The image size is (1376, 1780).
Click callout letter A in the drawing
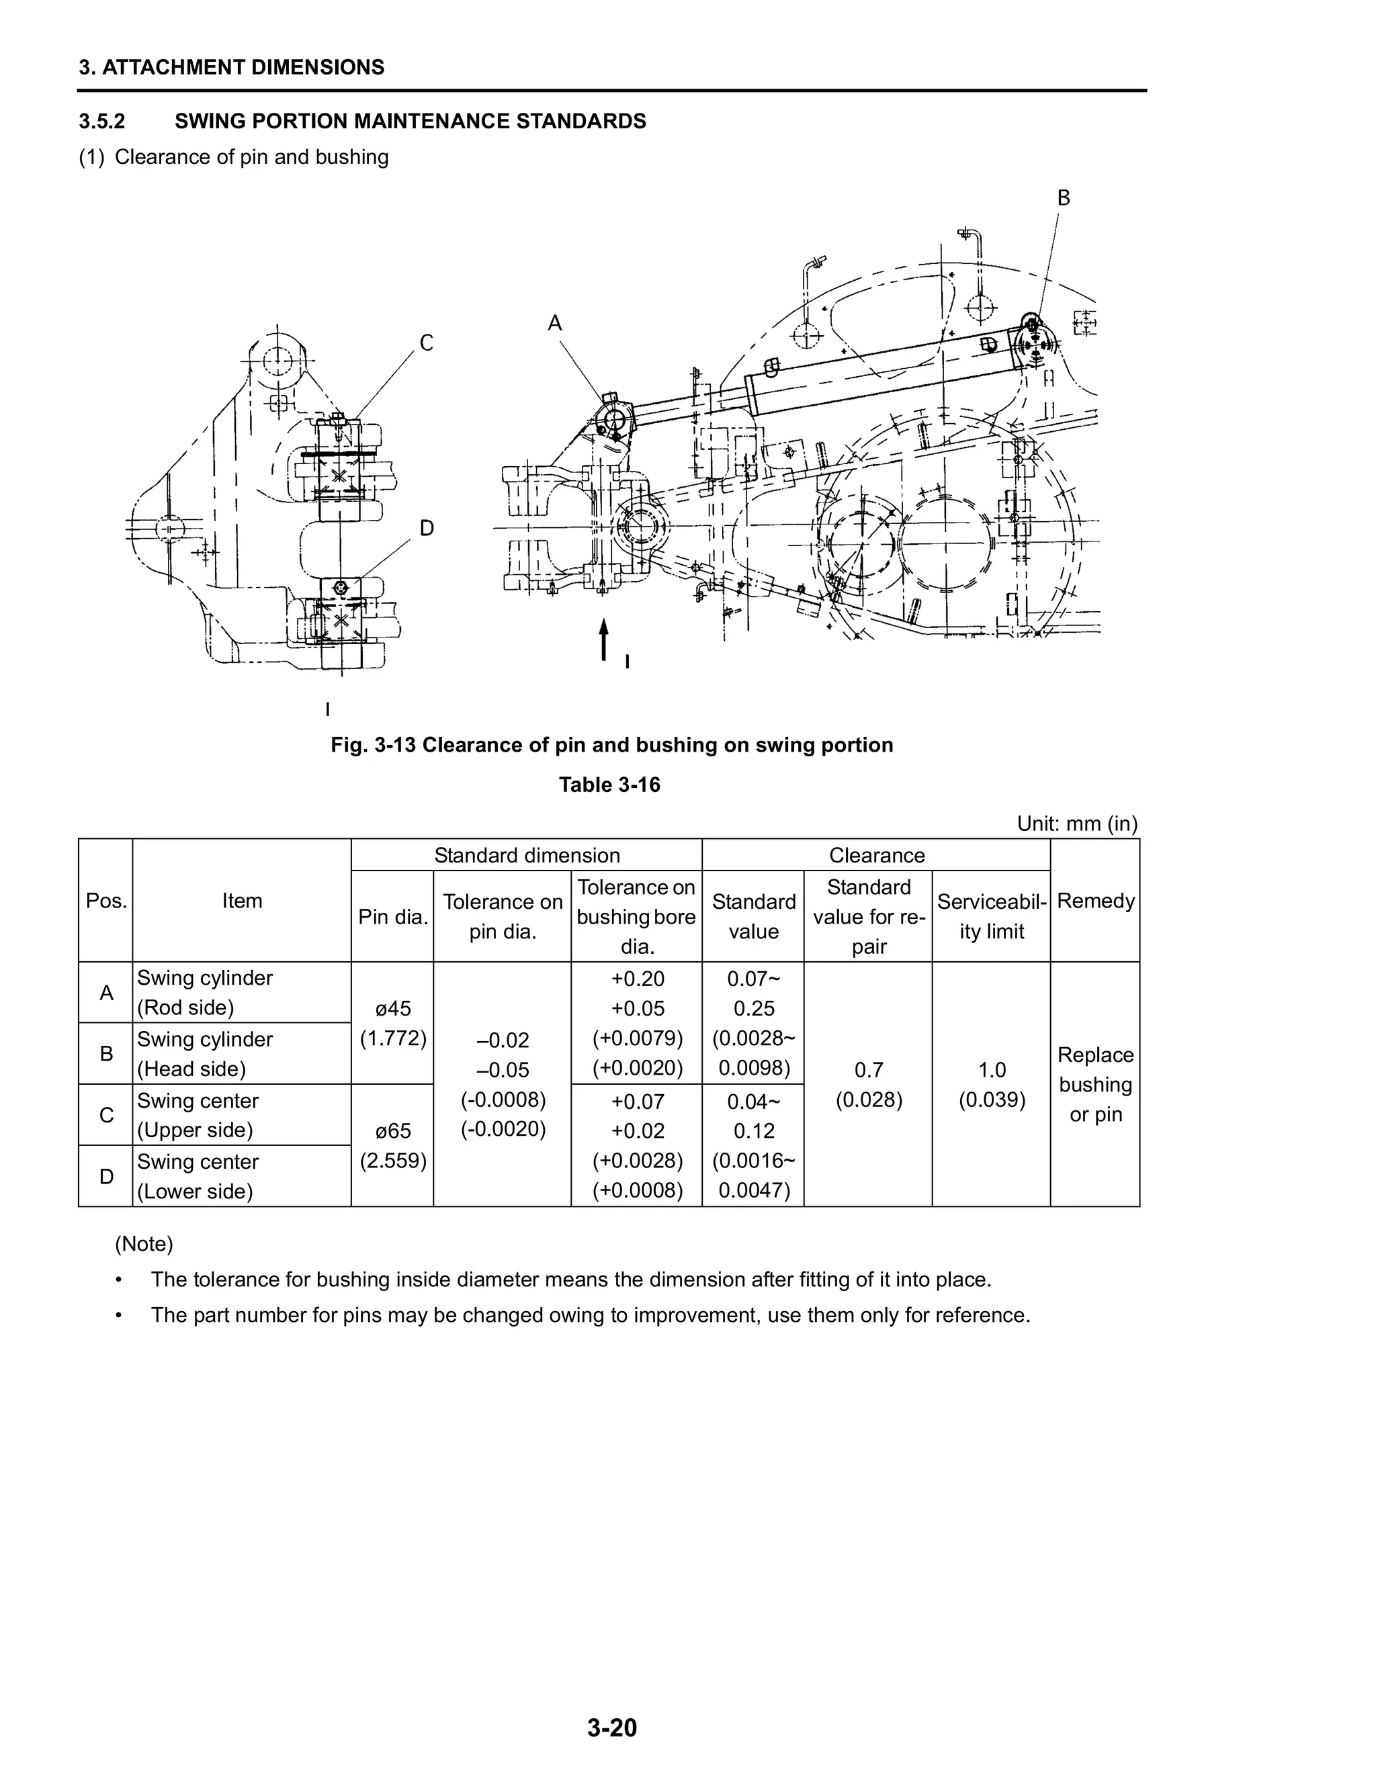555,324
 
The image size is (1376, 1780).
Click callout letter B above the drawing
1063,198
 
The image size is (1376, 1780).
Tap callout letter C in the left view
427,343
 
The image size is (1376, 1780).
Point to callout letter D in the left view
427,529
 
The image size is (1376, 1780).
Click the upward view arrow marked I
604,639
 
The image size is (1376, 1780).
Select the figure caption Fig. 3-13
611,745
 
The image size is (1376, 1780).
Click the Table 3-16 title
610,785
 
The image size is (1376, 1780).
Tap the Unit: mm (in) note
1076,824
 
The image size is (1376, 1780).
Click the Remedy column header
1094,901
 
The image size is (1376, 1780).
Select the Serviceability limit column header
991,916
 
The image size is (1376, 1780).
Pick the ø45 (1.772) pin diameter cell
393,1024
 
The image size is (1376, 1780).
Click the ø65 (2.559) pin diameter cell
393,1145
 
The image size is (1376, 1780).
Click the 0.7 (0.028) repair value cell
868,1085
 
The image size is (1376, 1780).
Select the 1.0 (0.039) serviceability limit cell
991,1085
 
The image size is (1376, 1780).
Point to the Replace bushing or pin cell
1094,1085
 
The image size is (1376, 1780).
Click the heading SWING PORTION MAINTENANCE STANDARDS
410,122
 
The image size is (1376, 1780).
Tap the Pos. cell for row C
106,1115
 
